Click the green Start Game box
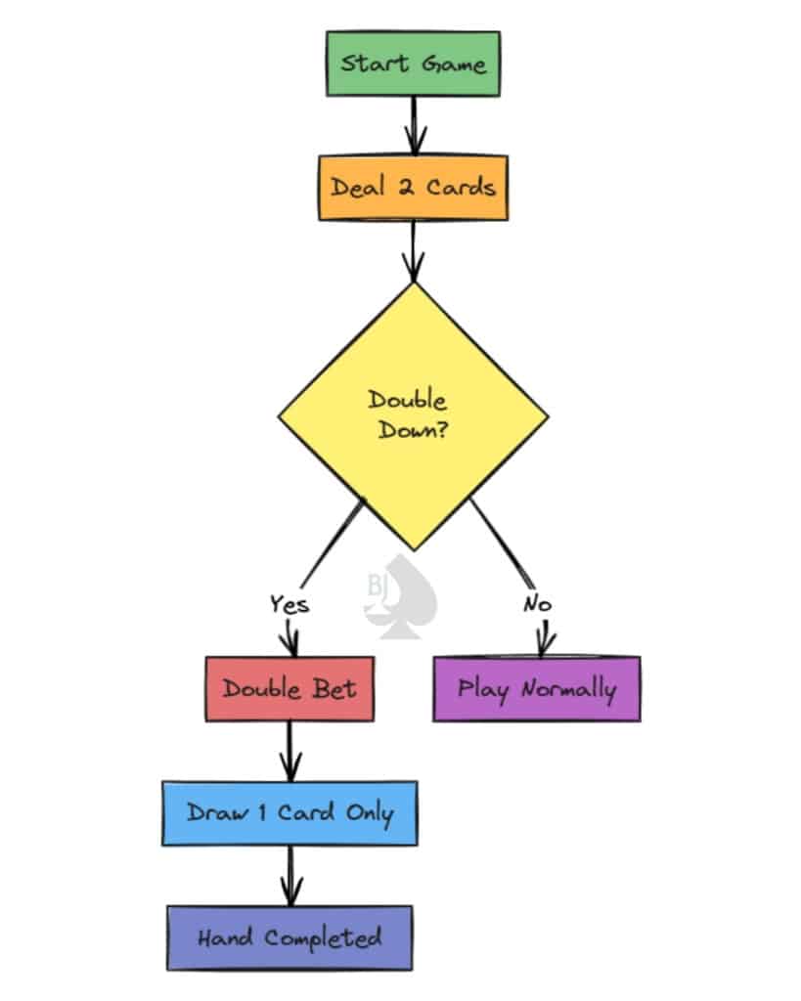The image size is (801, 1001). pyautogui.click(x=413, y=65)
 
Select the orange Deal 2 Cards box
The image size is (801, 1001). pyautogui.click(x=413, y=187)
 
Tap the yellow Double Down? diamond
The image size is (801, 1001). pyautogui.click(x=412, y=415)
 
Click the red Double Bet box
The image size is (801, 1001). pyautogui.click(x=289, y=688)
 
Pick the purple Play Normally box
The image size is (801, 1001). pyautogui.click(x=536, y=688)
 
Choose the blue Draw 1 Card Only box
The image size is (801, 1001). pyautogui.click(x=289, y=812)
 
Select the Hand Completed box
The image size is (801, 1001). pyautogui.click(x=289, y=937)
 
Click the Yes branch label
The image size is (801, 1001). pyautogui.click(x=289, y=604)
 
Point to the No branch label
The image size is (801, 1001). pyautogui.click(x=537, y=604)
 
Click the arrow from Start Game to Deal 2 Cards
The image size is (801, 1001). pyautogui.click(x=414, y=125)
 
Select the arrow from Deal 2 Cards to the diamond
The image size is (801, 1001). pyautogui.click(x=414, y=250)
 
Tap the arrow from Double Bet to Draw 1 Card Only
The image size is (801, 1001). pyautogui.click(x=289, y=751)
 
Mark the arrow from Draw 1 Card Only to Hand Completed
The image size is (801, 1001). pyautogui.click(x=289, y=875)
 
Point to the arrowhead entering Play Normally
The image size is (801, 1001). pyautogui.click(x=544, y=645)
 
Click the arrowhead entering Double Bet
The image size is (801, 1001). pyautogui.click(x=289, y=645)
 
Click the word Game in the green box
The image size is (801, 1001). pyautogui.click(x=454, y=65)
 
